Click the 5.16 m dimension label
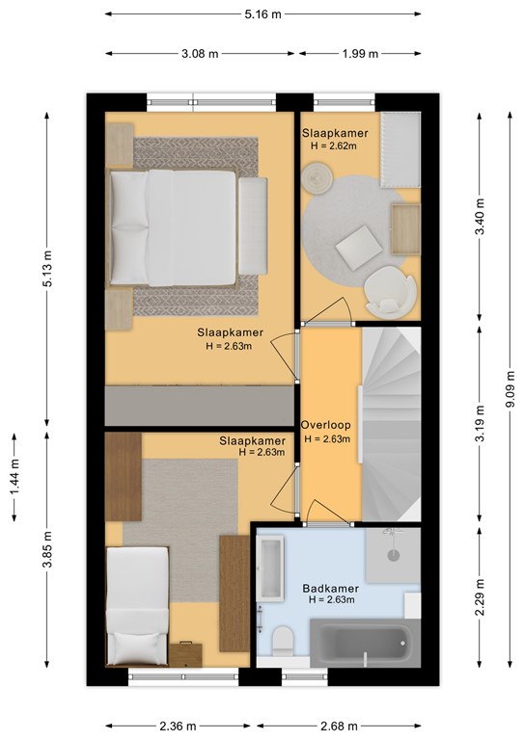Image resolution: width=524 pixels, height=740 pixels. click(262, 14)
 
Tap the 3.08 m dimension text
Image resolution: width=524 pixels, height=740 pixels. click(200, 54)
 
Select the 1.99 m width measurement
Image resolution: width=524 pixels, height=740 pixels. click(360, 54)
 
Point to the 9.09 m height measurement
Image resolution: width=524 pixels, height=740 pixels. click(510, 391)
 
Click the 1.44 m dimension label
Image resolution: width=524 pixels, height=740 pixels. click(14, 478)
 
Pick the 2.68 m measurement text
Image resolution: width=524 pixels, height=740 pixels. click(339, 726)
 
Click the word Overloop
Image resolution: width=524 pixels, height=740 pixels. click(326, 425)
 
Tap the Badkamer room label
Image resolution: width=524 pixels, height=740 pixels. click(331, 589)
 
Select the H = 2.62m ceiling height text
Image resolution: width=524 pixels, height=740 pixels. click(334, 145)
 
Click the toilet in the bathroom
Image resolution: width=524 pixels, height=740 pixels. click(284, 641)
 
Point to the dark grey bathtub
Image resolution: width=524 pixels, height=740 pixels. click(365, 643)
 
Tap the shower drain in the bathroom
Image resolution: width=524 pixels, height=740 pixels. click(394, 555)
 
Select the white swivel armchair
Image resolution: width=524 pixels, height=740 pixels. click(390, 290)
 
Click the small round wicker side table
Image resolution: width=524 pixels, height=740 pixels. click(317, 177)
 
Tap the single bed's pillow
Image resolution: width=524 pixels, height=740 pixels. click(137, 647)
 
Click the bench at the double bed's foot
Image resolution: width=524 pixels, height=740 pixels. click(253, 226)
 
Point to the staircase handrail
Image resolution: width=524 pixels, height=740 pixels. click(361, 424)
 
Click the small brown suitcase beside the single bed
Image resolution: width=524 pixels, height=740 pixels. click(185, 654)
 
